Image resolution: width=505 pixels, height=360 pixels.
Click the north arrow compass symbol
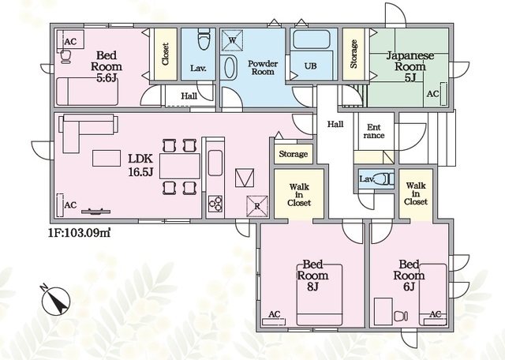tap(55, 300)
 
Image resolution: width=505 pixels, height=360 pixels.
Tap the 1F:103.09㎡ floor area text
tap(80, 232)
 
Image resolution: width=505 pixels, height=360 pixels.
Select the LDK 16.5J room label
tap(140, 165)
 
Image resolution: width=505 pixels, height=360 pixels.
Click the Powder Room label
tap(263, 67)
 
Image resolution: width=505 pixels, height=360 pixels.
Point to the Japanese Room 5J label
tap(410, 66)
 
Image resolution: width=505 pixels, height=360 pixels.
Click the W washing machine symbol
tap(232, 40)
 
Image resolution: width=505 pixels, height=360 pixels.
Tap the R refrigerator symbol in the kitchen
tap(257, 206)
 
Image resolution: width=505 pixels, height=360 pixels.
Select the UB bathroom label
tap(310, 66)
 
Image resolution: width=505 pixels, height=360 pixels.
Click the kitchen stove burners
tap(215, 204)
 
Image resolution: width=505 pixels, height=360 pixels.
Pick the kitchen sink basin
tap(215, 163)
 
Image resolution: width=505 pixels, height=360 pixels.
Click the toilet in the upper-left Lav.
tap(203, 39)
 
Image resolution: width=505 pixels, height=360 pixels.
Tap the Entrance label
tap(374, 131)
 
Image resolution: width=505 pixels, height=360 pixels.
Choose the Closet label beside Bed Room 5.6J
tap(165, 54)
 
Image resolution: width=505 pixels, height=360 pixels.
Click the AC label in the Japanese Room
tap(433, 94)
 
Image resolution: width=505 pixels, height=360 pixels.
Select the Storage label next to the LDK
tap(293, 154)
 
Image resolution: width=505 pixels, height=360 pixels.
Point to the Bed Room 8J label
tap(312, 276)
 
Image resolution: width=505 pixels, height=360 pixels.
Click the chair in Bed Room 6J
tap(401, 316)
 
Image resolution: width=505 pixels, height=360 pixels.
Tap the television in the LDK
tap(95, 212)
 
